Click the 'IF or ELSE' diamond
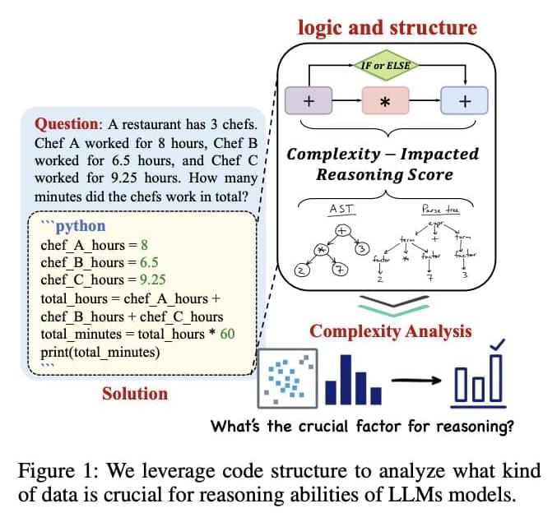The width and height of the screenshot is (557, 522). point(386,64)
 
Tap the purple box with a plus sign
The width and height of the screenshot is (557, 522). point(308,102)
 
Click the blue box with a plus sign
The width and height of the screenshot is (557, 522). point(463,102)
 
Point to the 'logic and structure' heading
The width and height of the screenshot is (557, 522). point(387,26)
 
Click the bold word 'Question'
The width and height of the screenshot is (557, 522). point(66,124)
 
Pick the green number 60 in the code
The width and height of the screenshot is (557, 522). point(226,335)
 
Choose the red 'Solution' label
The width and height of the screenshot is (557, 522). point(135,393)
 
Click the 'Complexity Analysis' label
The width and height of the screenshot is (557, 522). point(391,331)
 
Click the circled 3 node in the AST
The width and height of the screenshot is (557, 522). point(360,249)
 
